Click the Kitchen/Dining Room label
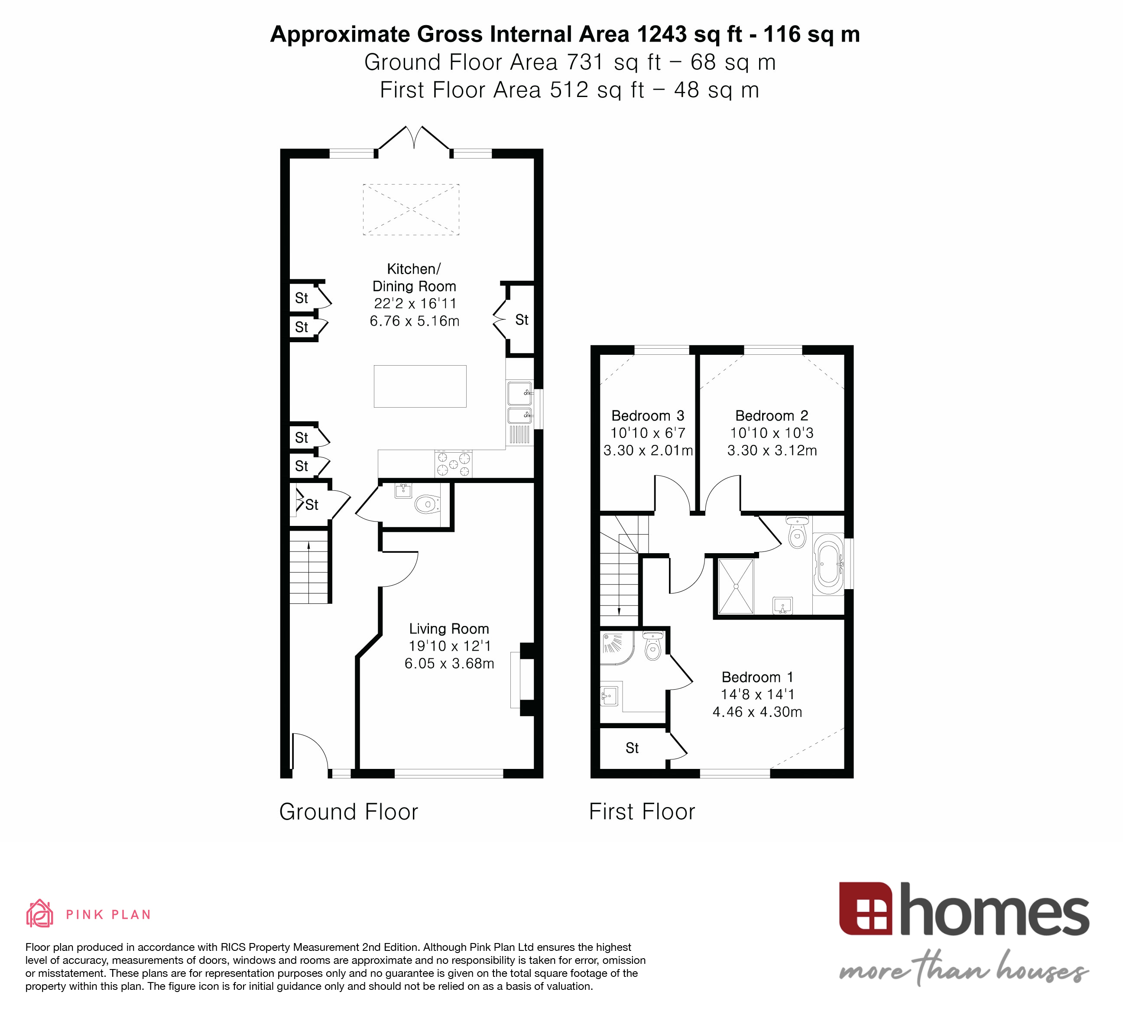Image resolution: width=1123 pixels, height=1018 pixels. pos(414,277)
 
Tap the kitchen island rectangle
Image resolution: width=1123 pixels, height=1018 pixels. pos(420,386)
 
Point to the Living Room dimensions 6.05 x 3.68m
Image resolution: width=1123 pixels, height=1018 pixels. pos(449,663)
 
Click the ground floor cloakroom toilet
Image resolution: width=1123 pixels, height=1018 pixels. pos(427,505)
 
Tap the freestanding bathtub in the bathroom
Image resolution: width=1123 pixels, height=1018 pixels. pos(828,564)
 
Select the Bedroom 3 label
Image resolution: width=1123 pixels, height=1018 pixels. pos(647,415)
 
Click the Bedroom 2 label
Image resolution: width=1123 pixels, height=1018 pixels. pos(772,415)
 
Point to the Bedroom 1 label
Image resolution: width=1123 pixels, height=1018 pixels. pos(757,677)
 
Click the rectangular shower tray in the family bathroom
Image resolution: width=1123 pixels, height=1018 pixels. pos(735,587)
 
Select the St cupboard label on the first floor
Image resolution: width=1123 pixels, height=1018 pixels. pos(632,748)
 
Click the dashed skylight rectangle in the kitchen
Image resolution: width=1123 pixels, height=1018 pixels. pos(411,209)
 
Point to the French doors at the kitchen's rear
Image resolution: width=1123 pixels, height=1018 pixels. pos(414,139)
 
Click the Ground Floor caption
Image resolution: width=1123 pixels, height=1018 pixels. pos(348,812)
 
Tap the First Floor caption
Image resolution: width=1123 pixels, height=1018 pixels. pos(642,812)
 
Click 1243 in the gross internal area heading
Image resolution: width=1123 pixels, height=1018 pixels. pos(661,35)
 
